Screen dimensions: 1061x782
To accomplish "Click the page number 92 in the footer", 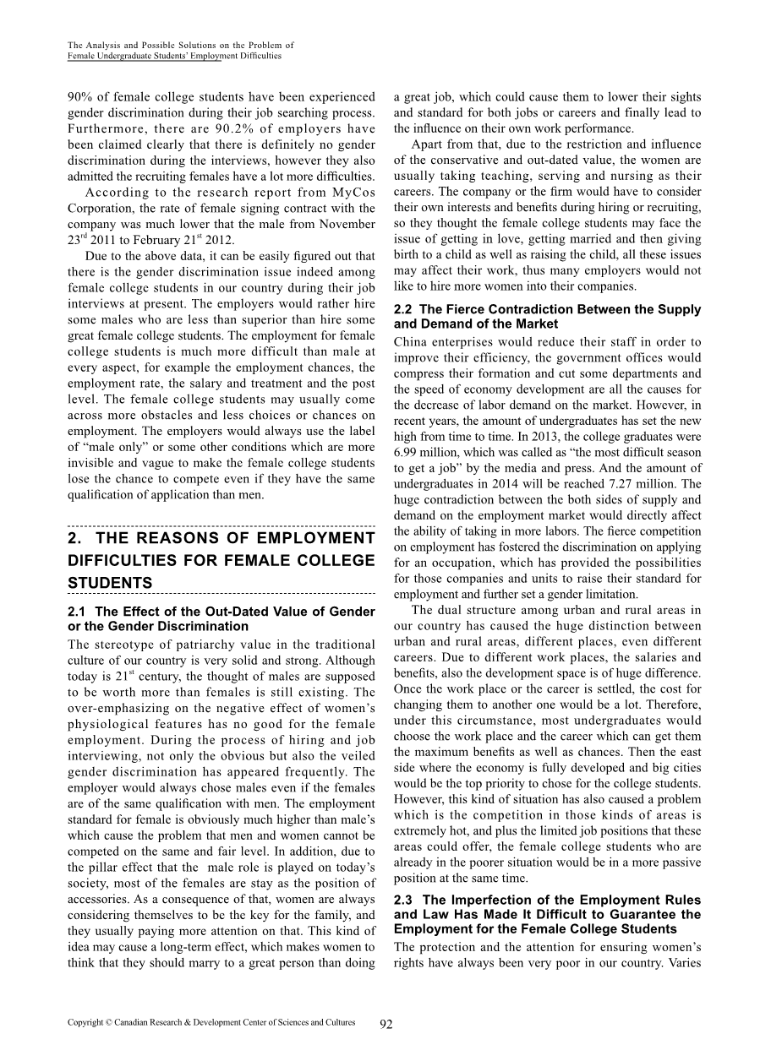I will tap(386, 1024).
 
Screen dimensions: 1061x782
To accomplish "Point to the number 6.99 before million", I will tap(407, 452).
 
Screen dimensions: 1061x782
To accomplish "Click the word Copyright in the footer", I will tap(87, 1022).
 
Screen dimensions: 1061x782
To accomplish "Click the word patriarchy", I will tap(204, 645).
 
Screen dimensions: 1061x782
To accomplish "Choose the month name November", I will tap(348, 224).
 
